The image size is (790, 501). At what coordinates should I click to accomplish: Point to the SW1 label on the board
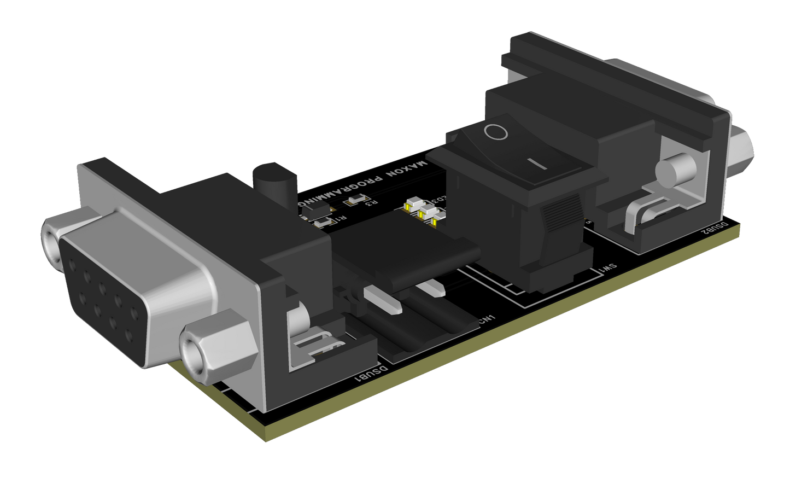(607, 268)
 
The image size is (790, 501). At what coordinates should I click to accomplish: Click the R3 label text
(371, 204)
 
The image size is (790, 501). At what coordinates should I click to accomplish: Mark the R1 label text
(340, 219)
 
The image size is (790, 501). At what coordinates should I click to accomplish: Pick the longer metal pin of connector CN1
(383, 301)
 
